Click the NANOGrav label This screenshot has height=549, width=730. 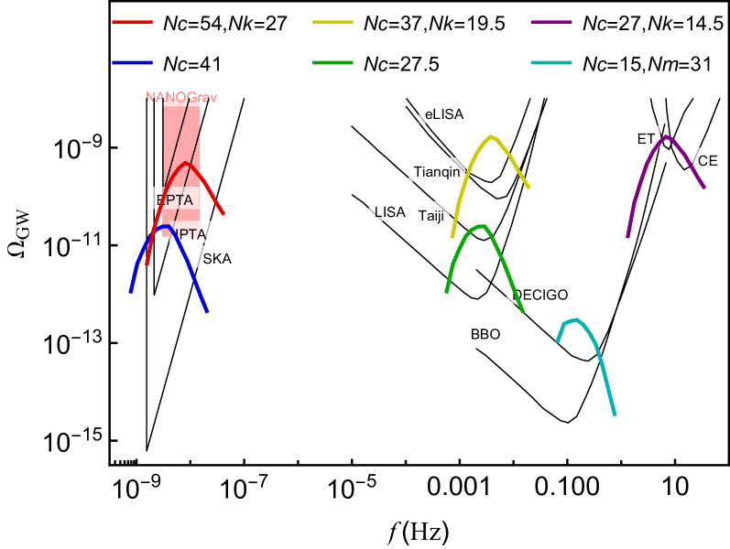click(x=182, y=95)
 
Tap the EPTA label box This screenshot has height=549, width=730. click(x=174, y=199)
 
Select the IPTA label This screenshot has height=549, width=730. click(x=190, y=233)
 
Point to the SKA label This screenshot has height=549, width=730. click(x=217, y=258)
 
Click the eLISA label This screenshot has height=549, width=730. click(x=444, y=113)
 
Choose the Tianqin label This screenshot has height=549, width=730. click(x=436, y=171)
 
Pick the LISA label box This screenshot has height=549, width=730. click(x=389, y=211)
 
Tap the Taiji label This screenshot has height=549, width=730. click(x=430, y=216)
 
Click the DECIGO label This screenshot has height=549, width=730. click(x=540, y=294)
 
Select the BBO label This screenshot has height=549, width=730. click(x=485, y=334)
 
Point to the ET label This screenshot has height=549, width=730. click(x=646, y=138)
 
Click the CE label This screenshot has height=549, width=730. click(x=707, y=160)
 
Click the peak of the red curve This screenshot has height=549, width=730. click(x=187, y=164)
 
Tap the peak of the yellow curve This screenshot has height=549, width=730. click(x=492, y=136)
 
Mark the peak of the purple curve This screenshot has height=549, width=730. click(x=666, y=136)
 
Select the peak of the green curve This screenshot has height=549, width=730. click(x=479, y=226)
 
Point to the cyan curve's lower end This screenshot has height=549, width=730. click(x=615, y=414)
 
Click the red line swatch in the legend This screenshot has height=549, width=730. click(x=132, y=21)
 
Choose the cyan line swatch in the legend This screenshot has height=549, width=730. click(x=551, y=62)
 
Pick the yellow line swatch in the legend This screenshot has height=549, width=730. click(x=332, y=21)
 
